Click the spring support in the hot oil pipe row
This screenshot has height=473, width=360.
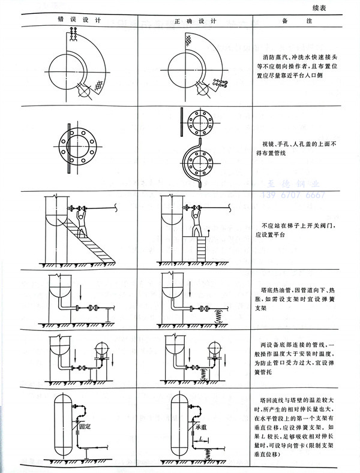click(220, 314)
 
